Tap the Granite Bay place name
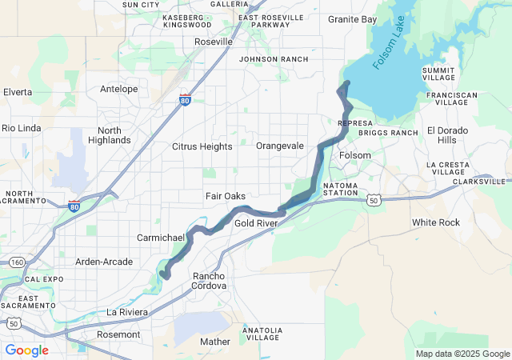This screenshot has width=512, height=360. coord(352,19)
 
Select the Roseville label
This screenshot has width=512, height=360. coord(214,41)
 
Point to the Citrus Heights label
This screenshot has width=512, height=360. coord(202,146)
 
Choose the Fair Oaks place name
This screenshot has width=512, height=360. coord(226,196)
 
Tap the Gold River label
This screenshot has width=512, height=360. coord(255,223)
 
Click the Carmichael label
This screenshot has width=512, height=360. coord(161,238)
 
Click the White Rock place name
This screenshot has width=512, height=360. coord(435,222)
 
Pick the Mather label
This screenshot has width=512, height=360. coord(215,342)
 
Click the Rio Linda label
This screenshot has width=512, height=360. coord(20,128)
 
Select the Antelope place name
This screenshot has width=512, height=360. coord(118,89)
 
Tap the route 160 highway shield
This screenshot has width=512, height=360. coord(16,262)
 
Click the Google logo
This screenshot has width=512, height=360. coord(26,350)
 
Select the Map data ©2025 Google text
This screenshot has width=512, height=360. coord(462,354)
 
